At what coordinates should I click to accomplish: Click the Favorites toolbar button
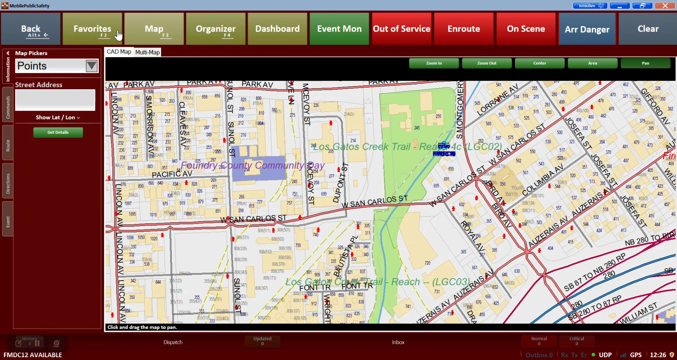click(92, 29)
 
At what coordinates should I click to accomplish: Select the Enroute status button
click(463, 29)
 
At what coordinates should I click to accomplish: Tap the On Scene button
click(526, 29)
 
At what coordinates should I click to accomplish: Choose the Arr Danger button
click(587, 29)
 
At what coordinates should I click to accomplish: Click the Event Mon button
click(339, 29)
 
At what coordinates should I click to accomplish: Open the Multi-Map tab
click(147, 52)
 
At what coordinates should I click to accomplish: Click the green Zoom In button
click(434, 63)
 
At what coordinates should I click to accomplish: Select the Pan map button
click(645, 63)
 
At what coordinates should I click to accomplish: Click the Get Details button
click(58, 132)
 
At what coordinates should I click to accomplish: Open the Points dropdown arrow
click(92, 66)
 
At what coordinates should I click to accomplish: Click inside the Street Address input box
click(55, 100)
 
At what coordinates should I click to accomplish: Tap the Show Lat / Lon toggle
click(57, 117)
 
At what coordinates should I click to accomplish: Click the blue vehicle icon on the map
click(444, 146)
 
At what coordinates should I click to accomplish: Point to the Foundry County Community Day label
click(252, 165)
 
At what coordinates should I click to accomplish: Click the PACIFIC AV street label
click(172, 174)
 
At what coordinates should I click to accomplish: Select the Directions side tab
click(8, 184)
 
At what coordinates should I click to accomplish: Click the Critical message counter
click(576, 341)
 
